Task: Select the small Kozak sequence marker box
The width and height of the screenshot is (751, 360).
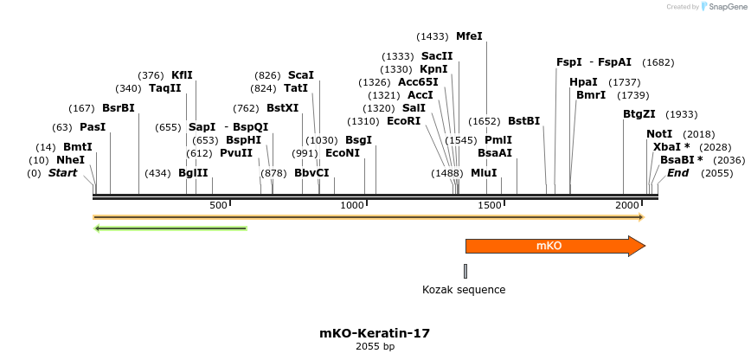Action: click(465, 271)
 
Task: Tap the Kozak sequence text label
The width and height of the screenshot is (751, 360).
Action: click(463, 290)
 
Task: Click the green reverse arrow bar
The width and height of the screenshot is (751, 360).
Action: click(170, 228)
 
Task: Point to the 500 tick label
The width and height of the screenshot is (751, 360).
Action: click(218, 205)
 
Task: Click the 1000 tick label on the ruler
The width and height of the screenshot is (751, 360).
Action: click(352, 205)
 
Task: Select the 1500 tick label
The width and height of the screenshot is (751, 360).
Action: click(489, 205)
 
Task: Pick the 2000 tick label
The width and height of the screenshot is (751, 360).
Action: click(626, 205)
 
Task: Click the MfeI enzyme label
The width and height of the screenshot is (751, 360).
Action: click(469, 36)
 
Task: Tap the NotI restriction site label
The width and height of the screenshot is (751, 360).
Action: click(659, 134)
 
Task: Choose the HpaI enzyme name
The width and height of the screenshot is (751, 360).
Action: click(583, 82)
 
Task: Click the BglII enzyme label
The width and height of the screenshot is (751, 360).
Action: click(193, 173)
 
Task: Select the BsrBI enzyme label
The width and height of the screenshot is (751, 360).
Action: click(119, 108)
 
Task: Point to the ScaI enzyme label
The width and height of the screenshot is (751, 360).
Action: click(301, 75)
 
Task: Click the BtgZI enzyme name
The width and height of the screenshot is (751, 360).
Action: click(639, 114)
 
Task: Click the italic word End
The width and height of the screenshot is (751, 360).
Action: click(678, 173)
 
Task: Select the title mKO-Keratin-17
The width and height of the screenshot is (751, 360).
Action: click(375, 333)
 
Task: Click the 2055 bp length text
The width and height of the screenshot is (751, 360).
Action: click(375, 347)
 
